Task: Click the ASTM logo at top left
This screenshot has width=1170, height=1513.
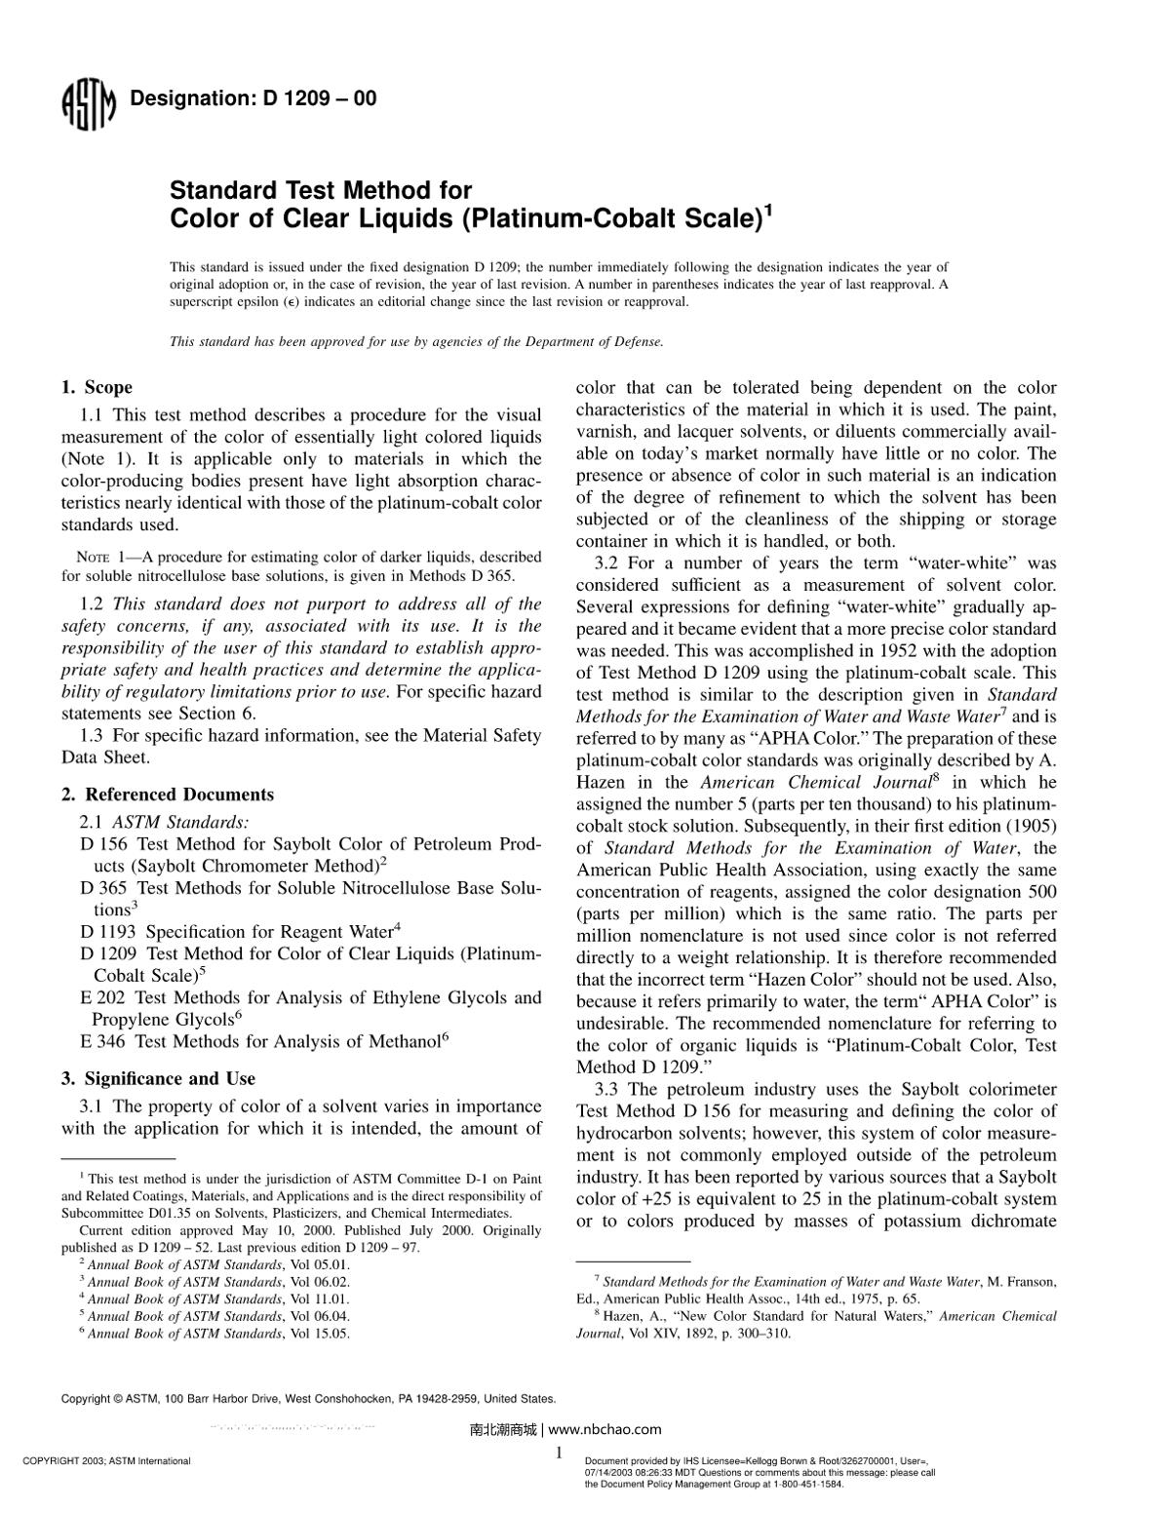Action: point(89,103)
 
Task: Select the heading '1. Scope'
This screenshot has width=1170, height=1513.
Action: point(97,388)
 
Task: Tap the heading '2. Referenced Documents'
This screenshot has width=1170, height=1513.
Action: point(168,795)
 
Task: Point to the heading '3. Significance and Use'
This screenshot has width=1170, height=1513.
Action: point(158,1078)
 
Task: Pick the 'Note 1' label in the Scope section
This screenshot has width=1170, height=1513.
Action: point(99,558)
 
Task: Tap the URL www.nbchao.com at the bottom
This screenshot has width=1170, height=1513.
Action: point(605,1430)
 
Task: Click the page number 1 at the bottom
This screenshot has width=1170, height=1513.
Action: point(559,1454)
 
